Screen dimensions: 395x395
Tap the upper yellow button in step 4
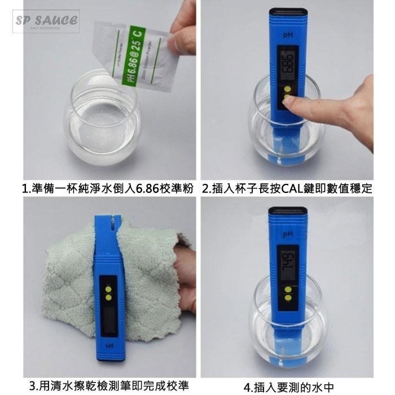click(x=288, y=290)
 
